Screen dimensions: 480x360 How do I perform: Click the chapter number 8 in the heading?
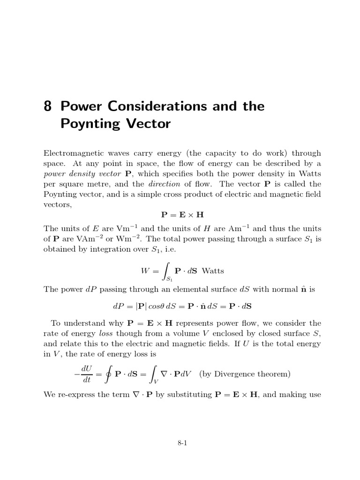coord(47,106)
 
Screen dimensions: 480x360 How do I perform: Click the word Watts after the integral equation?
coord(213,270)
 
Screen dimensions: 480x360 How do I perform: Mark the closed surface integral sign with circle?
coord(109,374)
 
